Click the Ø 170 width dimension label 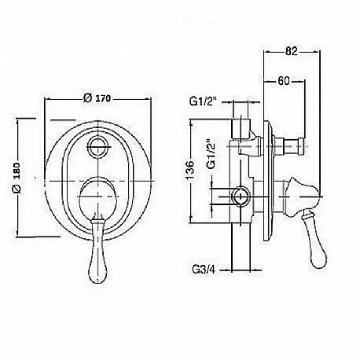97,98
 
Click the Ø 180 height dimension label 17,178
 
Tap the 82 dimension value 292,51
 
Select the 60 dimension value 284,81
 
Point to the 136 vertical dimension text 190,170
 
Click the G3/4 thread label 204,270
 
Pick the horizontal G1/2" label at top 204,101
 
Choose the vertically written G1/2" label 211,153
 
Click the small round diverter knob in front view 97,147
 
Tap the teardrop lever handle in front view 97,252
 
